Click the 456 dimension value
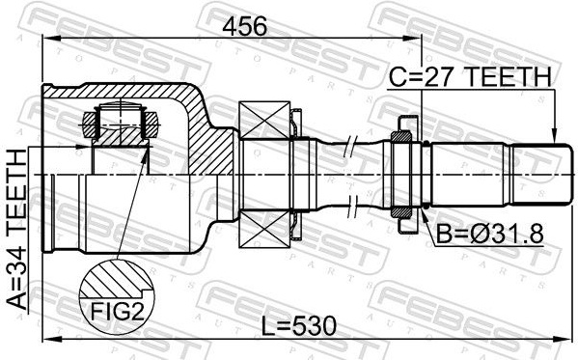click(244, 27)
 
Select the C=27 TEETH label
click(470, 76)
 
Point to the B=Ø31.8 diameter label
click(490, 234)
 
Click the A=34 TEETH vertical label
click(17, 229)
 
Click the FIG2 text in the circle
click(117, 312)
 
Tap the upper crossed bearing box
click(264, 120)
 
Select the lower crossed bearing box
click(264, 229)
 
